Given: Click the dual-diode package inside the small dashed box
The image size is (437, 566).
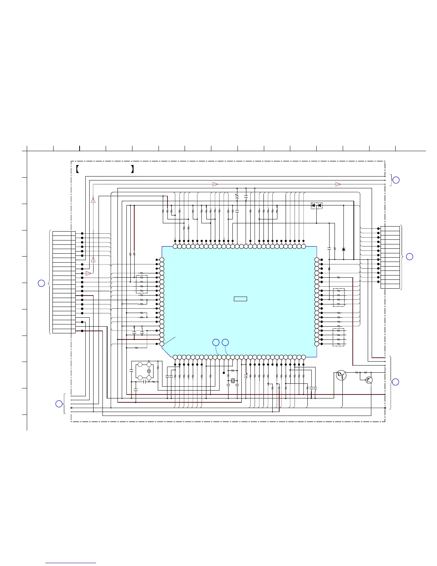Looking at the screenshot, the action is (316, 205).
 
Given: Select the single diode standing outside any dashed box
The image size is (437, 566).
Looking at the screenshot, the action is (343, 249).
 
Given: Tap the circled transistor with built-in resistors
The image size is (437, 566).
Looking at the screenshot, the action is (341, 375).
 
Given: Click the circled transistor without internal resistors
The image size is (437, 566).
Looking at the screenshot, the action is (369, 380).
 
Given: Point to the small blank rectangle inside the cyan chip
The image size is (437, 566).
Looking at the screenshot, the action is (240, 299).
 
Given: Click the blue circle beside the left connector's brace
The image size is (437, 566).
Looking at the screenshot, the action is (41, 283).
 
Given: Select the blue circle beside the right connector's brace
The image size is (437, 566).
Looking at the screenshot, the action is (410, 257).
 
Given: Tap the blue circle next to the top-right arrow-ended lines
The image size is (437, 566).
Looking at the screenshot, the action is (396, 180).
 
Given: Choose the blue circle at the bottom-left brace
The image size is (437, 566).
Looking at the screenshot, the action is (59, 404).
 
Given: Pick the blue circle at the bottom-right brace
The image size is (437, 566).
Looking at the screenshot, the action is (396, 382).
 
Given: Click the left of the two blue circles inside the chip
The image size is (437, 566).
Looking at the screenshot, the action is (216, 342).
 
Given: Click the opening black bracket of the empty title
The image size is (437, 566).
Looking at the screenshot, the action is (77, 169).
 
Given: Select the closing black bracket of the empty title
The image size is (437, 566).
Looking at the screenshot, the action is (132, 169).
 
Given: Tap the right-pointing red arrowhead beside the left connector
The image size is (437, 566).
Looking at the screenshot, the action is (89, 273).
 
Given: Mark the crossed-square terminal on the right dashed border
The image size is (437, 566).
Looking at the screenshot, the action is (385, 408).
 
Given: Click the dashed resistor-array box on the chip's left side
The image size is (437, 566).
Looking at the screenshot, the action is (142, 284).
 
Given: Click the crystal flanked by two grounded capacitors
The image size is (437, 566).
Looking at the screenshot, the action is (233, 381).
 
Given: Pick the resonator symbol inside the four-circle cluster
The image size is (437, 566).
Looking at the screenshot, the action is (149, 371).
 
